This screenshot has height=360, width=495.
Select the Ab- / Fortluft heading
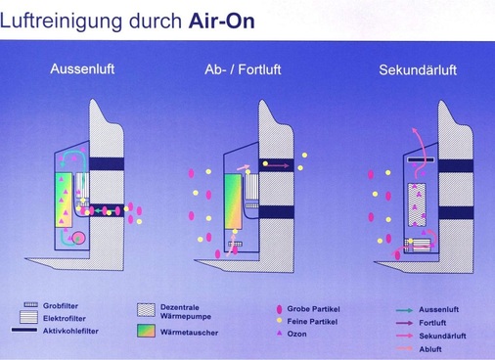coord(233,70)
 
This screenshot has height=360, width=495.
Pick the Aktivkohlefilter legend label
coord(72,331)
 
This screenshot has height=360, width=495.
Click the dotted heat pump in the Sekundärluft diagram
coord(410,210)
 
